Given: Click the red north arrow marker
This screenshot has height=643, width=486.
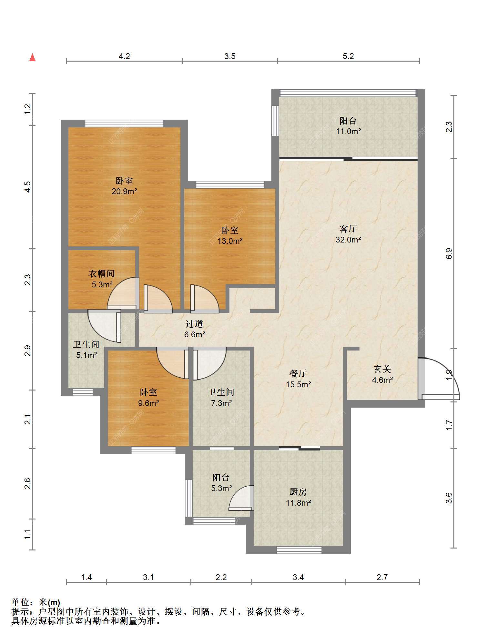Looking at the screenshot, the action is pos(32,57).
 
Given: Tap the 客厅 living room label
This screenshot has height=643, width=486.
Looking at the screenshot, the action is pos(348,229).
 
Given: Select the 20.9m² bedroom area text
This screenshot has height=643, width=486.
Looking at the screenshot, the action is pos(125,192).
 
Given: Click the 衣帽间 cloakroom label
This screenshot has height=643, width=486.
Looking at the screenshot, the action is pos(102,274).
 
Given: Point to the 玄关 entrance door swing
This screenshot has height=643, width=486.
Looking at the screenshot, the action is pos(439,379).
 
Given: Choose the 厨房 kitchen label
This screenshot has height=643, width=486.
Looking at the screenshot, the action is pos(298,492).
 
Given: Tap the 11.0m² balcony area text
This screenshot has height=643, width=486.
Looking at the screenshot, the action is pos(348,132).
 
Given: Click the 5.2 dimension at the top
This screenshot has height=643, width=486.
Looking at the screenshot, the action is pos(348,56).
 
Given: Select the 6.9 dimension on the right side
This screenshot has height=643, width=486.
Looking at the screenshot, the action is pos(449,254).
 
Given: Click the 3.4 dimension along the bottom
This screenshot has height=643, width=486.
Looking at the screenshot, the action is pos(298,577).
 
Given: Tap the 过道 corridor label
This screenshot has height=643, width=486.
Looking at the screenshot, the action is pos(194,324).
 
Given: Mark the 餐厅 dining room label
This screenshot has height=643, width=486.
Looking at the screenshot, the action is pos(298,373).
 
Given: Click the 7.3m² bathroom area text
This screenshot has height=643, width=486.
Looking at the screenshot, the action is pos(221,403).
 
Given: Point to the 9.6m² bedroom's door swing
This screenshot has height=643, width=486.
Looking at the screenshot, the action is pos(173,363).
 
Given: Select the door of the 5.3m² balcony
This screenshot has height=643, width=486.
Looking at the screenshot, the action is pos(241,498).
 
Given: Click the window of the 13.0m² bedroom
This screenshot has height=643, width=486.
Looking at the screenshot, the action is pos(230,184).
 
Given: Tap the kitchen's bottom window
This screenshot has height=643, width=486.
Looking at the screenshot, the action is pos(299,550).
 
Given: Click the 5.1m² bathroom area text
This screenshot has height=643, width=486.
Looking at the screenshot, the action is pos(86,355).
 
